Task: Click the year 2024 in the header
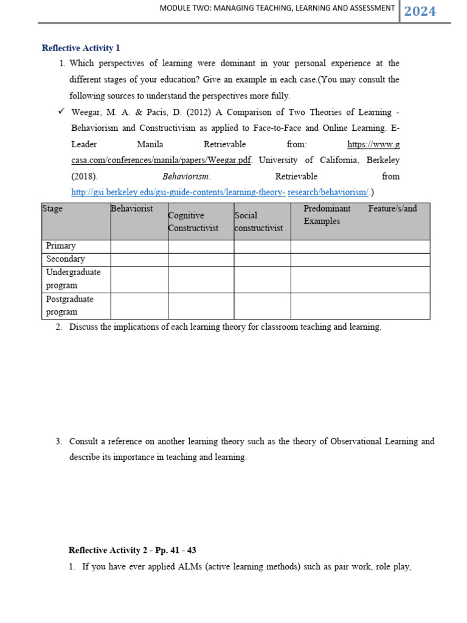click(420, 11)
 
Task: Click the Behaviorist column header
click(132, 209)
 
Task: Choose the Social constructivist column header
click(258, 221)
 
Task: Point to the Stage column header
click(52, 209)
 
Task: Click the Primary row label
click(61, 246)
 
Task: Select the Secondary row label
click(66, 259)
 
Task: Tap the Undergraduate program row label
click(74, 279)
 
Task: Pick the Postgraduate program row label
click(70, 305)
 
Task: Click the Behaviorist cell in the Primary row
click(139, 246)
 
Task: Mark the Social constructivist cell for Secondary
click(262, 259)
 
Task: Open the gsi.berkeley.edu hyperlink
click(220, 192)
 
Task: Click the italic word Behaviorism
click(186, 176)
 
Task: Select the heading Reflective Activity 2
click(133, 550)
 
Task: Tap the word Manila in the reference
click(150, 144)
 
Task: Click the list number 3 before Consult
click(58, 441)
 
